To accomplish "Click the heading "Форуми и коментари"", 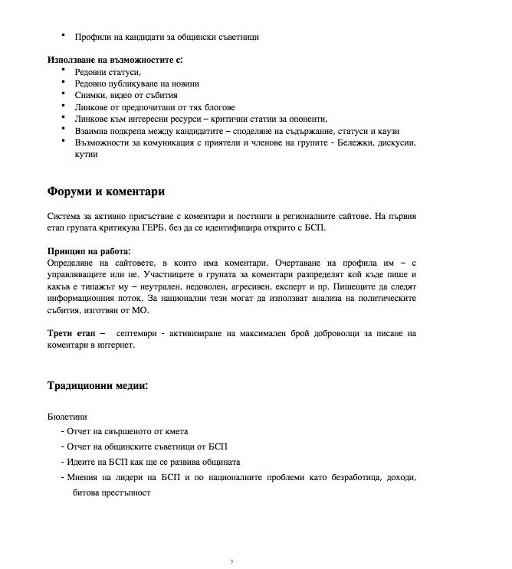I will tap(106, 191).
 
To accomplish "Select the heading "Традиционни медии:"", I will tap(97, 385).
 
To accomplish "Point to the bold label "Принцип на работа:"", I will tap(88, 250).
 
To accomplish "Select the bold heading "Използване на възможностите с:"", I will tap(114, 59).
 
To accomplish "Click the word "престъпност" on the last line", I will tap(126, 493).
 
